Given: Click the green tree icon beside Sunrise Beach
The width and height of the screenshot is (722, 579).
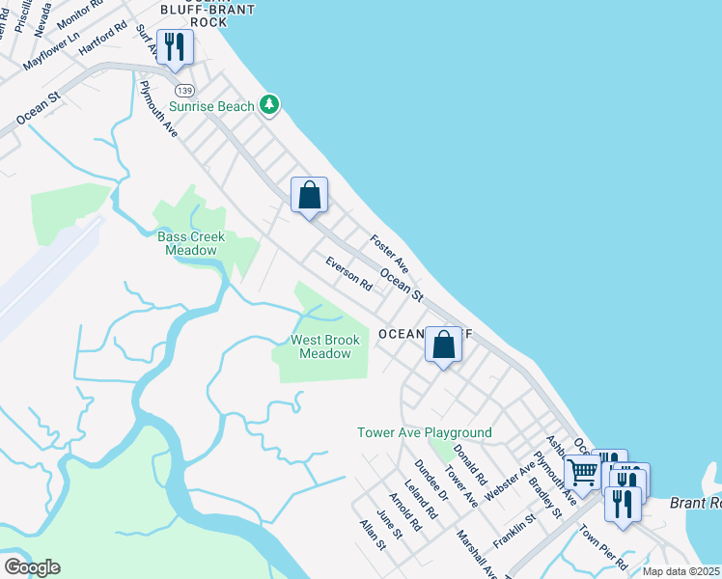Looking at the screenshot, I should [x=271, y=105].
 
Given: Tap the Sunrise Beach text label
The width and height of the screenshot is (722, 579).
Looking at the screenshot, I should [x=211, y=106].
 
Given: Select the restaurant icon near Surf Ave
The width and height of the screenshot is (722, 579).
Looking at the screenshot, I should [x=175, y=47].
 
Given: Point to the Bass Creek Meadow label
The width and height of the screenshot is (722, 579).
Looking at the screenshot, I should [x=191, y=243].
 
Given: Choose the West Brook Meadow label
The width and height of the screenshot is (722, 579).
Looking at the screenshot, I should [x=325, y=346].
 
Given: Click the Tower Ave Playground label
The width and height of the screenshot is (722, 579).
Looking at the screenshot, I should [x=424, y=432].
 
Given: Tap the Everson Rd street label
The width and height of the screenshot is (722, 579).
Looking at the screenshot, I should [x=348, y=273].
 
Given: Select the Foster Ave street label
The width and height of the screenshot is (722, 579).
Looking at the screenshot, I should [x=390, y=254].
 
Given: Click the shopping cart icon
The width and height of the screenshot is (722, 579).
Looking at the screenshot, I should [x=582, y=472].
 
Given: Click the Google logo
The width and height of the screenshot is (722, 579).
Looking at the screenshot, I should [x=32, y=567].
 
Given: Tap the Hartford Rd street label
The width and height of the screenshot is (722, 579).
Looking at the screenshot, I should [x=102, y=37].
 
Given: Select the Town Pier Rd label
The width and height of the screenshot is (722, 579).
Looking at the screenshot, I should [x=604, y=547].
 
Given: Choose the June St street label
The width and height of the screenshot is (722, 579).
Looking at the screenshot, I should [x=390, y=525].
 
